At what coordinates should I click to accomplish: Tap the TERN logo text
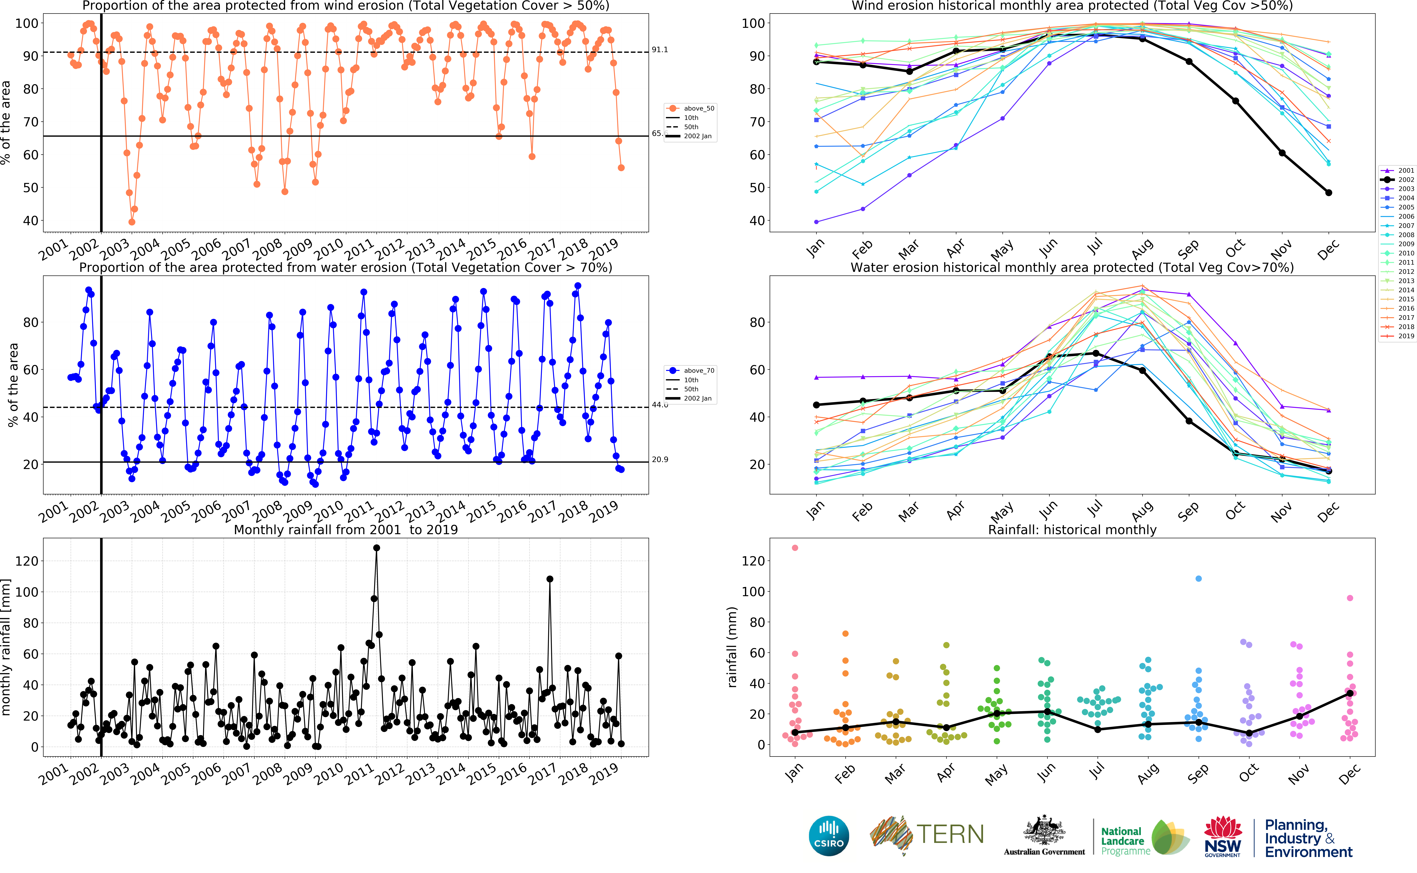[x=950, y=834]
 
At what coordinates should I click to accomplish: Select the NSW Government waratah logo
[x=1222, y=836]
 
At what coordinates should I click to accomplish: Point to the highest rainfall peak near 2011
[x=376, y=548]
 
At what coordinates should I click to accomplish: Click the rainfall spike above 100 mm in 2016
[x=550, y=579]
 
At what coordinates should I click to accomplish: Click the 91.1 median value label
[x=660, y=50]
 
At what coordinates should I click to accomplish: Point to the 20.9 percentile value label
[x=660, y=460]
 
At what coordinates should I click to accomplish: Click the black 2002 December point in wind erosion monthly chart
[x=1328, y=193]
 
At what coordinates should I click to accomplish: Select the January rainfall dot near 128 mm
[x=795, y=548]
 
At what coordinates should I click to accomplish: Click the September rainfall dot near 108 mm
[x=1198, y=578]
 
